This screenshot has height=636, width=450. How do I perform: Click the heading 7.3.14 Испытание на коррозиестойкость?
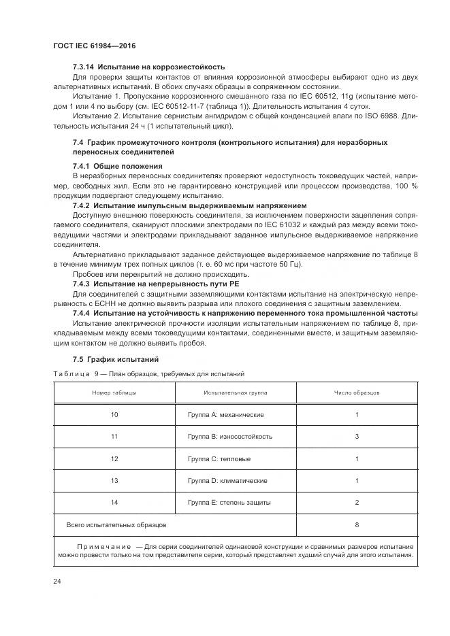pos(148,67)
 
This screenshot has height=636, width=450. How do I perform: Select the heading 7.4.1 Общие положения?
pos(117,166)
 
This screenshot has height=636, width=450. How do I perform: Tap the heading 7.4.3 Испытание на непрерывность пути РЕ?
pos(156,284)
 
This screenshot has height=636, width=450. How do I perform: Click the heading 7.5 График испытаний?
pos(115,358)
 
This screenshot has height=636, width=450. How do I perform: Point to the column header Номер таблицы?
pos(114,393)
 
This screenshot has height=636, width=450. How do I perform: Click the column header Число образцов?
pos(357,393)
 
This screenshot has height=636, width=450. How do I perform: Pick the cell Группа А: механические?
pos(225,414)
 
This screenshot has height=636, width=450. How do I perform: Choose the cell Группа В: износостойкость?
pos(229,437)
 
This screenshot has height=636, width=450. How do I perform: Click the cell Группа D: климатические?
pos(227,480)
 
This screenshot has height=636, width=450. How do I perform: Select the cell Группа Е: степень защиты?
pos(229,503)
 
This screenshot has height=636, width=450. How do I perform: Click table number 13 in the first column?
pos(114,480)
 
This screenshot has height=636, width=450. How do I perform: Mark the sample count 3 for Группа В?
pos(357,437)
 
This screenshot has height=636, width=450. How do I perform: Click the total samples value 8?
pos(357,524)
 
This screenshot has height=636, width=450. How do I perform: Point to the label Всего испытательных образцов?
pos(116,524)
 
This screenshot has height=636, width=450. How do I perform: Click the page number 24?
pos(57,581)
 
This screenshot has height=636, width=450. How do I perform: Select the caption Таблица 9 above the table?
pos(76,374)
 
